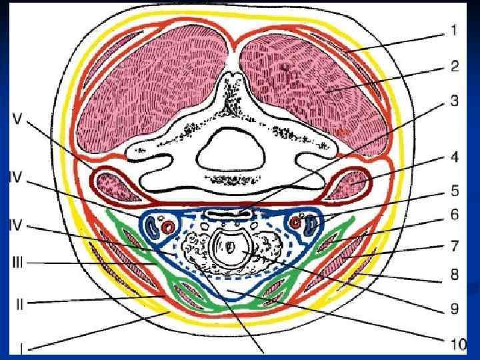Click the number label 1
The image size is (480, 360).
(453, 29)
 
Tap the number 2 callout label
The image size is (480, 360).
(453, 66)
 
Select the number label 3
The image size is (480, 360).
(453, 101)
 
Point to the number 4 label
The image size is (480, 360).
(453, 159)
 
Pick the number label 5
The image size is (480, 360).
(453, 191)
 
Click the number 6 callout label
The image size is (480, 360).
(453, 215)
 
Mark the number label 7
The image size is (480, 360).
(453, 247)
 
